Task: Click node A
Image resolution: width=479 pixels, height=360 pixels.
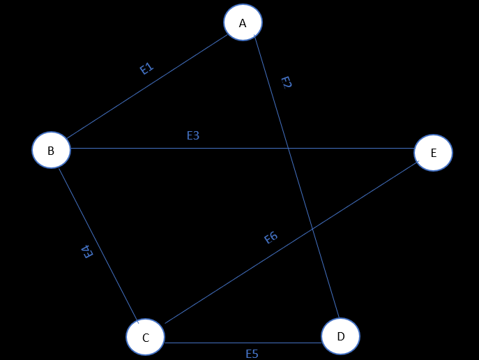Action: point(243,22)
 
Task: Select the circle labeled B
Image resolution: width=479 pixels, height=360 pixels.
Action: point(51,151)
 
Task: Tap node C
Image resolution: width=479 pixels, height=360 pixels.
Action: point(145,338)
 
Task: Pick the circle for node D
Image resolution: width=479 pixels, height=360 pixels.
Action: point(340,336)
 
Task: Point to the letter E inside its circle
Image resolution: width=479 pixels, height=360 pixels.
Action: point(433,153)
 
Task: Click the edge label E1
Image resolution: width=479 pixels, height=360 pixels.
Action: point(146,68)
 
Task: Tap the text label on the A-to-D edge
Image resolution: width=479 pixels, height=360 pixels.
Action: point(286,82)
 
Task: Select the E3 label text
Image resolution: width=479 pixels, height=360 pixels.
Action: point(193,135)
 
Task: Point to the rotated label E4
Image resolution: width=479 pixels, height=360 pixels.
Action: point(88,253)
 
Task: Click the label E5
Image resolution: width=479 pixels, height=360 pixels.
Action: point(252,354)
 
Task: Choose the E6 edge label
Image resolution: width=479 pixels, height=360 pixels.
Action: point(271,238)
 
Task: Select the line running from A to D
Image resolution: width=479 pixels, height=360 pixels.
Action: point(307,209)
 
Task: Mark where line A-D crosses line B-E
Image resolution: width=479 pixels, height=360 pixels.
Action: point(289,149)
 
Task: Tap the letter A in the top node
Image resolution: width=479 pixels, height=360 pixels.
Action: point(243,23)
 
